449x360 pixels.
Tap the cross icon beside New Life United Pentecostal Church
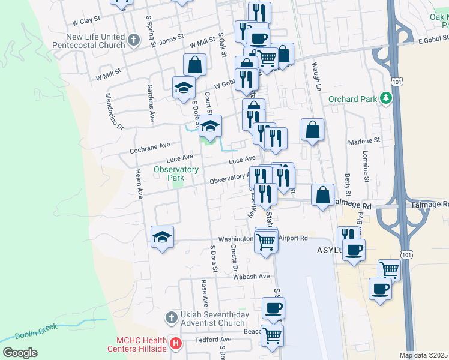[x=134, y=41]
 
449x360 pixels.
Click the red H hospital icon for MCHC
[x=175, y=344]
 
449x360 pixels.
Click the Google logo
[x=20, y=353]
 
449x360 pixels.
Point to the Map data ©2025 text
[x=423, y=355]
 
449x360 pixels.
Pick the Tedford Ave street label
[x=212, y=340]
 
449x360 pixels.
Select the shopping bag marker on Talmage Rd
[x=323, y=194]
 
